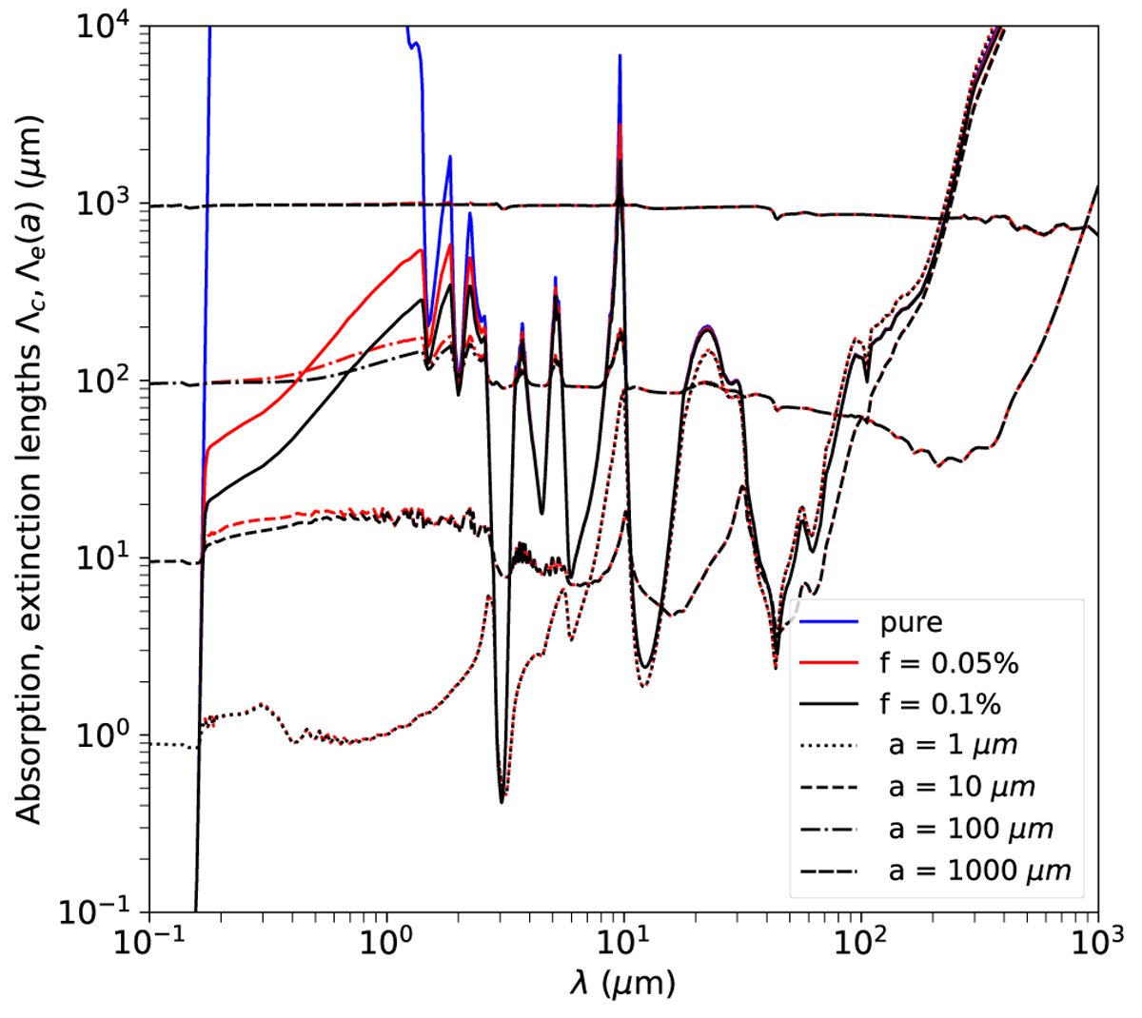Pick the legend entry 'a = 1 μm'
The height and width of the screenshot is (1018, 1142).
tap(952, 745)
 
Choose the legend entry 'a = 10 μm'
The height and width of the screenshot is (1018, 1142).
tap(960, 787)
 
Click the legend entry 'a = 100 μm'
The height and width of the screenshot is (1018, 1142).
tap(970, 828)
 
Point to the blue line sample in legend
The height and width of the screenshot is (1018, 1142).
tap(829, 622)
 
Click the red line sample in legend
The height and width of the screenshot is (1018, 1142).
tap(829, 663)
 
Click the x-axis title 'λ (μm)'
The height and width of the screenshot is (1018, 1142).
tap(623, 983)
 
